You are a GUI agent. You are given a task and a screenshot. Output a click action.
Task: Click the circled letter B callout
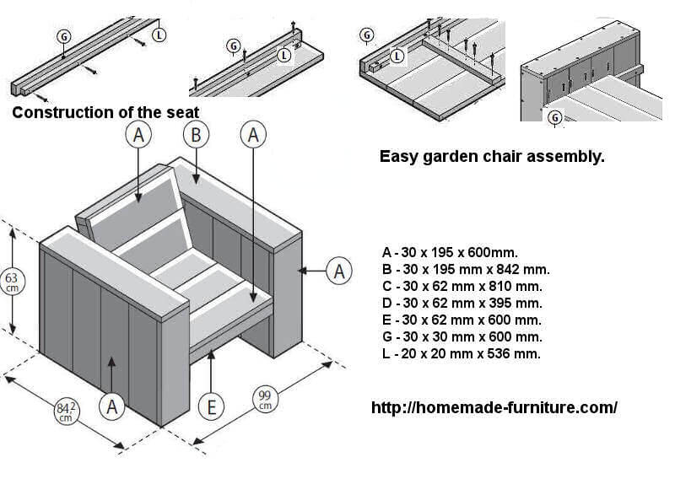[x=196, y=134]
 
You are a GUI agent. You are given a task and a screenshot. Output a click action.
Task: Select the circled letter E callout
[x=213, y=408]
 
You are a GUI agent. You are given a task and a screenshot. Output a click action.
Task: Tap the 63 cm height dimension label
[x=12, y=282]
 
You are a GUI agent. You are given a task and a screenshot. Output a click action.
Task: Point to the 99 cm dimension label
[x=265, y=400]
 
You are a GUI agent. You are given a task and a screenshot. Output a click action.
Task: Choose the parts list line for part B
[x=466, y=270]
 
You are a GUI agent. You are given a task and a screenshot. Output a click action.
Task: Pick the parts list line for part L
[x=462, y=354]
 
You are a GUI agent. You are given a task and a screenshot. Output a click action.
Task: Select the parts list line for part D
[x=462, y=304]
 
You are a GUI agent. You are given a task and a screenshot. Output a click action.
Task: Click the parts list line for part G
[x=462, y=337]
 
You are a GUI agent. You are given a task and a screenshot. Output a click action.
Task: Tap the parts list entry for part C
[x=462, y=287]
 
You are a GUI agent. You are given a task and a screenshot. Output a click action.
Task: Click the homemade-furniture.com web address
[x=494, y=408]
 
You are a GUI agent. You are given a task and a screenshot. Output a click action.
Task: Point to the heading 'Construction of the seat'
[x=105, y=112]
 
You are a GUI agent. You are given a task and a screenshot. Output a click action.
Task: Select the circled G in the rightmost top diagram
[x=555, y=117]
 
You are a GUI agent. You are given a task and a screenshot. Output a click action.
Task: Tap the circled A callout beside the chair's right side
[x=339, y=272]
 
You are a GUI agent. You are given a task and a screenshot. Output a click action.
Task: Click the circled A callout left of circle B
[x=139, y=134]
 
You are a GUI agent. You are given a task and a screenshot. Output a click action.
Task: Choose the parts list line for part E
[x=462, y=320]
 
